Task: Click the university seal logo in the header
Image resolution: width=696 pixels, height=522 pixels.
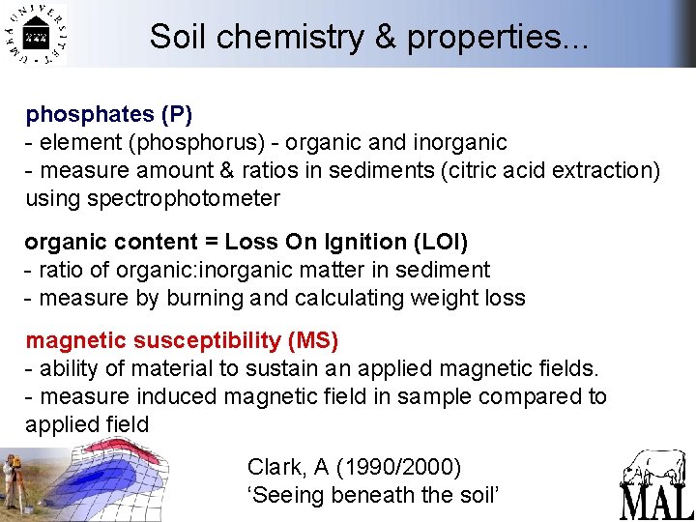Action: point(36,34)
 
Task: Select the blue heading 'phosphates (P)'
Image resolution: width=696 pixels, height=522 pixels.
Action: point(109,114)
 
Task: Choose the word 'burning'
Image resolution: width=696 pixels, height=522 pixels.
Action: point(205,298)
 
